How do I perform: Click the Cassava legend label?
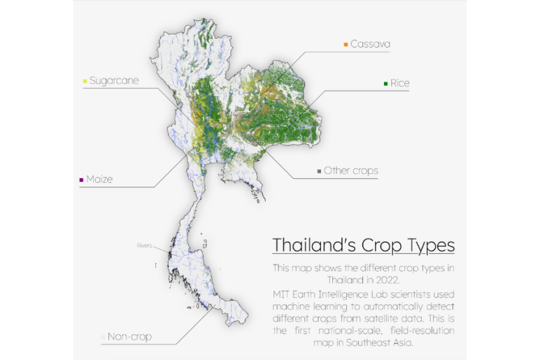[x=370, y=44]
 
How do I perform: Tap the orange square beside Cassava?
[x=346, y=45]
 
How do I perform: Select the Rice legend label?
[x=399, y=83]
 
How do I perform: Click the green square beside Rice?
[x=385, y=84]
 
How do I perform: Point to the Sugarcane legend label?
[x=114, y=80]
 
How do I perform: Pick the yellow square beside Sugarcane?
[x=85, y=81]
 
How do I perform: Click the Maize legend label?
[x=99, y=180]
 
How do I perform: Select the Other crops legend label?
[x=350, y=171]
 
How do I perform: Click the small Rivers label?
[x=144, y=245]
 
